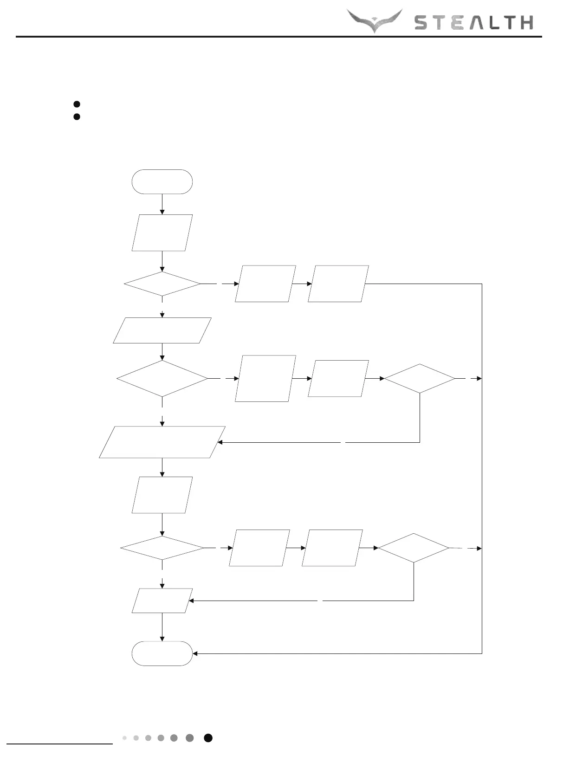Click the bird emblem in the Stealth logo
[375, 20]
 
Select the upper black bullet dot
[77, 104]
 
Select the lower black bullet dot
[77, 116]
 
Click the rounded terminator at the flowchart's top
[162, 181]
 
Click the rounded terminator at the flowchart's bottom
[162, 653]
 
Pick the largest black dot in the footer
[208, 738]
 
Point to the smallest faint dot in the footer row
[124, 738]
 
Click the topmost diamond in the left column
[162, 284]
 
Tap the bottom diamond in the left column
[162, 548]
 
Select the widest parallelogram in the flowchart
[162, 442]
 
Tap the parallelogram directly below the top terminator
[162, 233]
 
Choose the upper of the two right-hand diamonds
[420, 379]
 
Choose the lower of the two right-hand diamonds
[414, 548]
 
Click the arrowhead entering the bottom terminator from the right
[195, 653]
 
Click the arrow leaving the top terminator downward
[162, 204]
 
